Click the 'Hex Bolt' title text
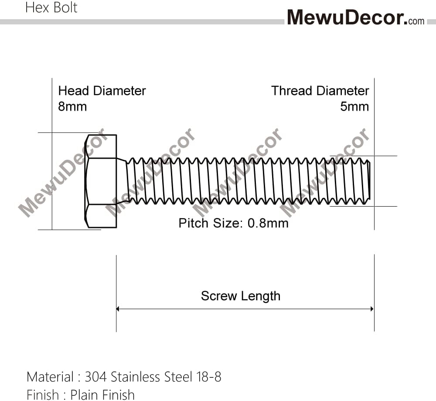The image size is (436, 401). tap(51, 7)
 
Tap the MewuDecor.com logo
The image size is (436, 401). tap(356, 17)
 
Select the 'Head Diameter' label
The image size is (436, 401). tap(102, 91)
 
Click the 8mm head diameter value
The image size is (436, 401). tap(72, 106)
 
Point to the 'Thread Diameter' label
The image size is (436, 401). tap(320, 91)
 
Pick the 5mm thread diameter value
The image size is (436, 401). tap(354, 106)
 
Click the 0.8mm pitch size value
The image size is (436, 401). tap(268, 223)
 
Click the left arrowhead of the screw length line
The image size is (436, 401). tap(118, 309)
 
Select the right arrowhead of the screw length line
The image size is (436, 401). tap(372, 309)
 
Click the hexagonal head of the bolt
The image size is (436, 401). tap(101, 181)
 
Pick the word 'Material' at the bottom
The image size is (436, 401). tap(50, 377)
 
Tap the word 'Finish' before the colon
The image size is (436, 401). tap(43, 395)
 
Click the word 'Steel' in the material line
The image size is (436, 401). tap(178, 377)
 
